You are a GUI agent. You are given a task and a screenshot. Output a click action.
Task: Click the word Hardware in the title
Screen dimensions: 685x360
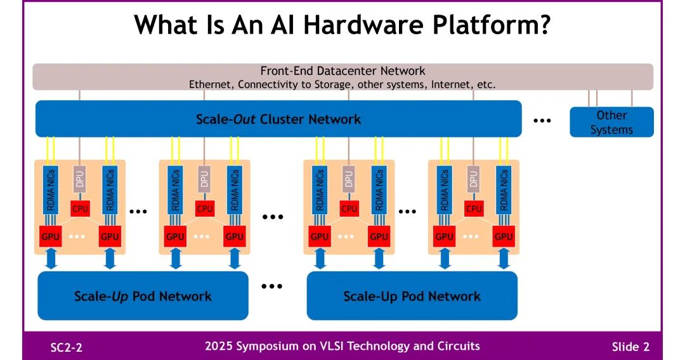tap(363, 25)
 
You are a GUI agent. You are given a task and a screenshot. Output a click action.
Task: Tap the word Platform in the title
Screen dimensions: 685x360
tap(492, 25)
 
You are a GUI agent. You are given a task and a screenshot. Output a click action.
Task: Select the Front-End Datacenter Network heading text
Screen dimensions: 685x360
tap(342, 71)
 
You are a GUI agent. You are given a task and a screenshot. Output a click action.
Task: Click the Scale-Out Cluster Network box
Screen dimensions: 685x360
tap(278, 119)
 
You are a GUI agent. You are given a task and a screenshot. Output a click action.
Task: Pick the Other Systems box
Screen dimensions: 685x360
tap(611, 122)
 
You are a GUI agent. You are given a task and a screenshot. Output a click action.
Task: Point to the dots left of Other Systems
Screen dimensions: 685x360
tap(542, 120)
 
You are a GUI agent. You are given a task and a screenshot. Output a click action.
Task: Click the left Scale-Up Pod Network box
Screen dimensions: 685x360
tap(143, 296)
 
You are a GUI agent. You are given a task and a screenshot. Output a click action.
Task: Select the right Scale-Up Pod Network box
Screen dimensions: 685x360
tap(412, 296)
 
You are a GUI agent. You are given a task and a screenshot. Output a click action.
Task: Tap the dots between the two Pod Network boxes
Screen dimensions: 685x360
tap(271, 286)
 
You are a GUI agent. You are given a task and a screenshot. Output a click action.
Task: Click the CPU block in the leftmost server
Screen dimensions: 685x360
tap(80, 209)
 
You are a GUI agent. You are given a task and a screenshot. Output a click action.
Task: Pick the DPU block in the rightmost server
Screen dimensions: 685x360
tap(473, 179)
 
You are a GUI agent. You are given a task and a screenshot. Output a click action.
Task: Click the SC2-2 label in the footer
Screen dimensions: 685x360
tap(67, 347)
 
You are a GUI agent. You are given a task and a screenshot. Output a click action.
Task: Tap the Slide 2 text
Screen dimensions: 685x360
tap(630, 347)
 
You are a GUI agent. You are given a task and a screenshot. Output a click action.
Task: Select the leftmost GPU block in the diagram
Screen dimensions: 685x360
tap(50, 236)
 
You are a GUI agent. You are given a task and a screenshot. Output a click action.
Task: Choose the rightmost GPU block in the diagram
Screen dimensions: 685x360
tap(503, 236)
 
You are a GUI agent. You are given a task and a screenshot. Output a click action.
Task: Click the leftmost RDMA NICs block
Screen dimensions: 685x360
tap(51, 190)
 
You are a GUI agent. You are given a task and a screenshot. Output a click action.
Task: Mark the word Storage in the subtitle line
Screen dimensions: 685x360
tap(332, 84)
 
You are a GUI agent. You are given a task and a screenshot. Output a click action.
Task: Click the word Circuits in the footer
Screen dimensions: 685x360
tap(458, 346)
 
